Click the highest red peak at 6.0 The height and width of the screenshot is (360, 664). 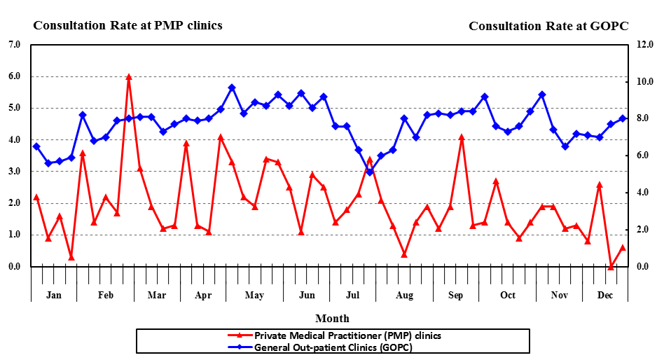pos(129,77)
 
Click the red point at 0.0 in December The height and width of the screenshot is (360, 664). pos(611,267)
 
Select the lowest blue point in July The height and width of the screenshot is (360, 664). pos(370,172)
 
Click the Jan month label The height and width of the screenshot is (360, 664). pos(54,295)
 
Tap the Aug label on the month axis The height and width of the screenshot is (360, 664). pos(404,295)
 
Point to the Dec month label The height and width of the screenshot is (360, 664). pos(605,295)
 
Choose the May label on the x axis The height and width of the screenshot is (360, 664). pos(254,295)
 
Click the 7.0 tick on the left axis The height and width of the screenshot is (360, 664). pos(14,45)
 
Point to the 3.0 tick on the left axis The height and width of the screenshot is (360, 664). pos(14,172)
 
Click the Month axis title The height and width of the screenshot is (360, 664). pos(332,319)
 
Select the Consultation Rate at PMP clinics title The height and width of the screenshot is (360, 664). pos(127,25)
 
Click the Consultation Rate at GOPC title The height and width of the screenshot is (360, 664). pos(548,26)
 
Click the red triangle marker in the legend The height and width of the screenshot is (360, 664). pos(240,335)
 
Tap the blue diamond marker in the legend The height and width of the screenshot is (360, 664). pos(240,347)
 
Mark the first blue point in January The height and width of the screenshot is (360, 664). pos(36,146)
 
